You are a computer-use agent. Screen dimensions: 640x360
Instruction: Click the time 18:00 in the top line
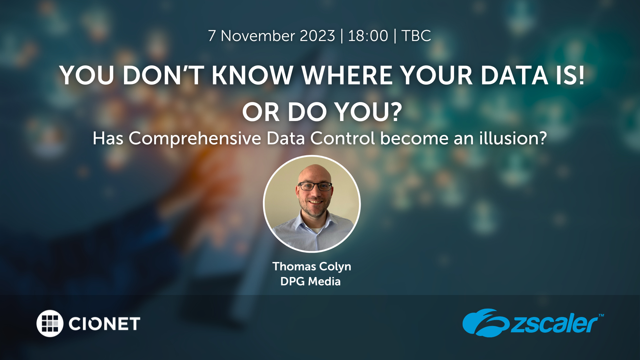coord(368,36)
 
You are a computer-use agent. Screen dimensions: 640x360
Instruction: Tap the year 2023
coord(317,36)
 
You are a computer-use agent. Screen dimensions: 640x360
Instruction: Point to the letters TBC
coord(416,36)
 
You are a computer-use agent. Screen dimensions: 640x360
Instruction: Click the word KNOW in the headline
coord(252,75)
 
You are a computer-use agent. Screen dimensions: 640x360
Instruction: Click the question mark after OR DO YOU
coord(396,112)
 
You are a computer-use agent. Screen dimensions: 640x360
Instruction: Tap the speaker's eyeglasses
coord(315,186)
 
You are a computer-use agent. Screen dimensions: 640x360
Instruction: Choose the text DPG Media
coord(310,282)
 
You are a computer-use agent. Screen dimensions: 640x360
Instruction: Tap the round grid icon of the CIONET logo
coord(50,323)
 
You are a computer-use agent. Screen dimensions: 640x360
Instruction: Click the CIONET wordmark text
coord(104,324)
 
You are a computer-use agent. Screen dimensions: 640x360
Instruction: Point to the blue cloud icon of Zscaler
coord(486,322)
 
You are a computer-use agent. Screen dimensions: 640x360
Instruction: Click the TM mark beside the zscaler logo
coord(601,315)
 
